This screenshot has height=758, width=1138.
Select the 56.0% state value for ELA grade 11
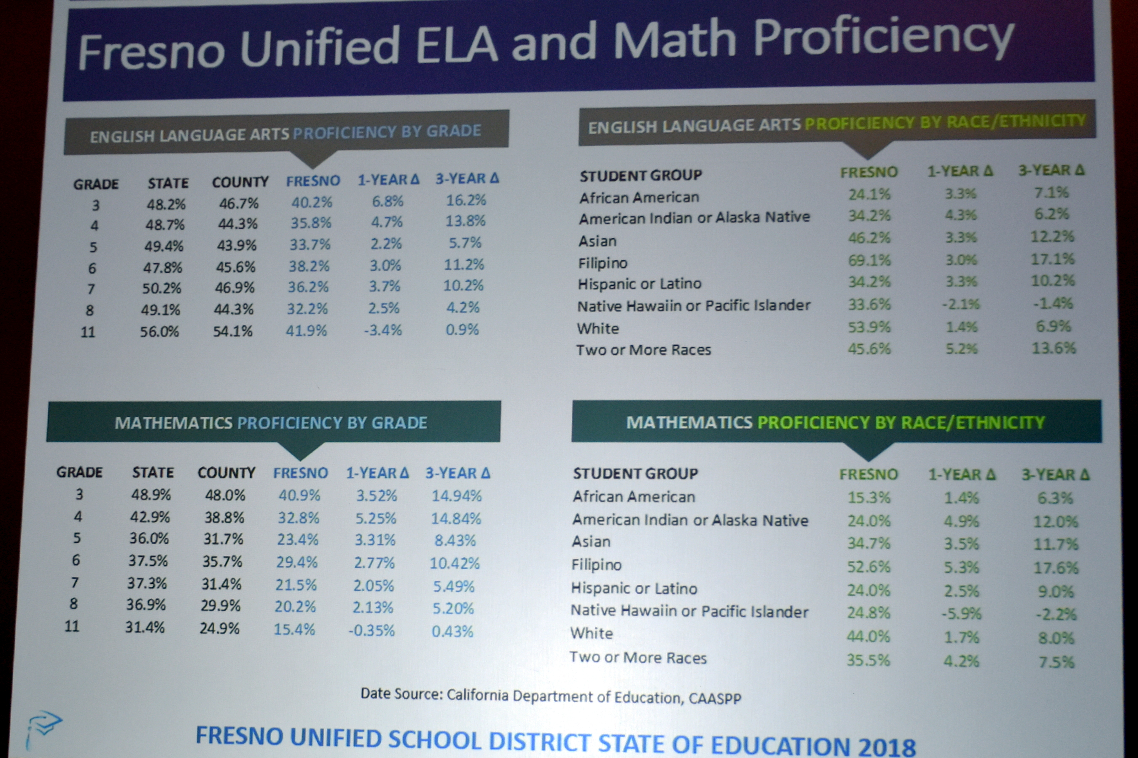[x=160, y=332]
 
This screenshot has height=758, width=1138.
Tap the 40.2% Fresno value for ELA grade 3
[x=312, y=202]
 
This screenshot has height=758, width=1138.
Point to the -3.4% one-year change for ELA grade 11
[x=383, y=330]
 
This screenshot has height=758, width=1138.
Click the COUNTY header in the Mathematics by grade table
[x=226, y=473]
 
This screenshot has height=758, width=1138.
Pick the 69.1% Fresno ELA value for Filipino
[x=869, y=261]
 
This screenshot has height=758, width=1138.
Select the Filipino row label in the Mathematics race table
[x=596, y=565]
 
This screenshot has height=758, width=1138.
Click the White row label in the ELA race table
[x=598, y=329]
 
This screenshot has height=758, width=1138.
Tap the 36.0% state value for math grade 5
[x=149, y=539]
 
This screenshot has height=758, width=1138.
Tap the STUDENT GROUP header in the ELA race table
[x=641, y=176]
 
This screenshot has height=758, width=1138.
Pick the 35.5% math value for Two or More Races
[x=868, y=660]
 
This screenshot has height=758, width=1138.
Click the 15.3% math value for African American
[x=869, y=498]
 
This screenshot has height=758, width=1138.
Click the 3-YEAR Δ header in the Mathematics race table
[x=1055, y=475]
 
